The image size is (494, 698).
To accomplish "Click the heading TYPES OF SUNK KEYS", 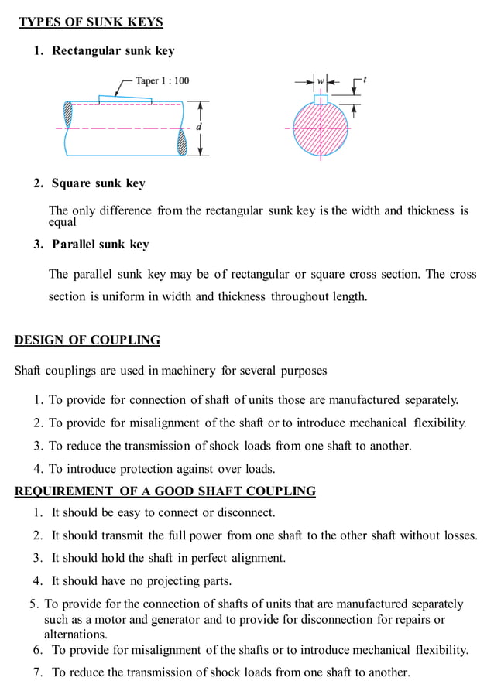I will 91,22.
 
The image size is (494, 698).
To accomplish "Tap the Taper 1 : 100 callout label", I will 162,80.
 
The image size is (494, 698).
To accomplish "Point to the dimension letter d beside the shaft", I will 199,126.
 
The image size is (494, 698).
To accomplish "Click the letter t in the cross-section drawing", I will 364,79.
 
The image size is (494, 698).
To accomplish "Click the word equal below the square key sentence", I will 63,222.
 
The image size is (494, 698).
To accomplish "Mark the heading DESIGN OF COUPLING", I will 87,340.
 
